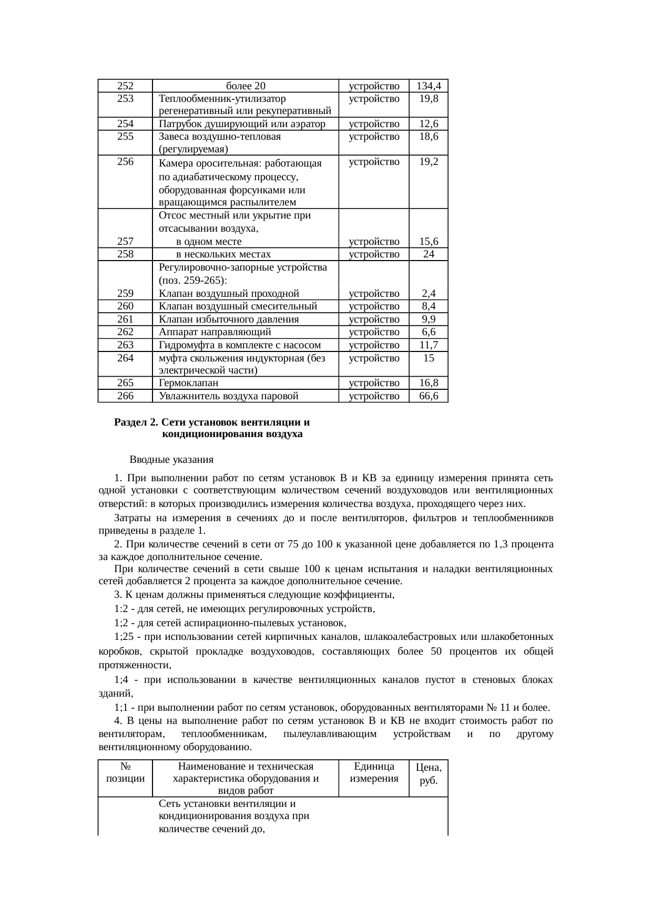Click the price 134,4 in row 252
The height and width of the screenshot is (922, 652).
coord(429,86)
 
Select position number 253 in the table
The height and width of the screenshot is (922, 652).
coord(125,98)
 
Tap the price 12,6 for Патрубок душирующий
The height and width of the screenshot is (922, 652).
coord(429,124)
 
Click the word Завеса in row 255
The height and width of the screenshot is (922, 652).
coord(173,137)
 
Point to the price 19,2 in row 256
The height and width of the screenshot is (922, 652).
coord(429,162)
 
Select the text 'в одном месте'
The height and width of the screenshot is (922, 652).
coord(209,242)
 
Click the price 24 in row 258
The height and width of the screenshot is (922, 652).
coord(429,254)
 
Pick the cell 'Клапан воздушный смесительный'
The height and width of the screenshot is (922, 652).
coord(238,306)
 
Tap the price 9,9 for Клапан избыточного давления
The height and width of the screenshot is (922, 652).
coord(429,319)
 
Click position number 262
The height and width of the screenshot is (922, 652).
coord(125,332)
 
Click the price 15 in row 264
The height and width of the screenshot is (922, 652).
coord(429,358)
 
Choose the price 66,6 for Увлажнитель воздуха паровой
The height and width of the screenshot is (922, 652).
coord(429,396)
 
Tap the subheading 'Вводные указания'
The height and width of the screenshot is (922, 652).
coord(171,460)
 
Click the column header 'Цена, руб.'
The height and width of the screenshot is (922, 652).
coord(429,774)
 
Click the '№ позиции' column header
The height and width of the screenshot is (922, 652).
coord(125,773)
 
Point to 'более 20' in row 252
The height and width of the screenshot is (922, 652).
coord(245,86)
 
